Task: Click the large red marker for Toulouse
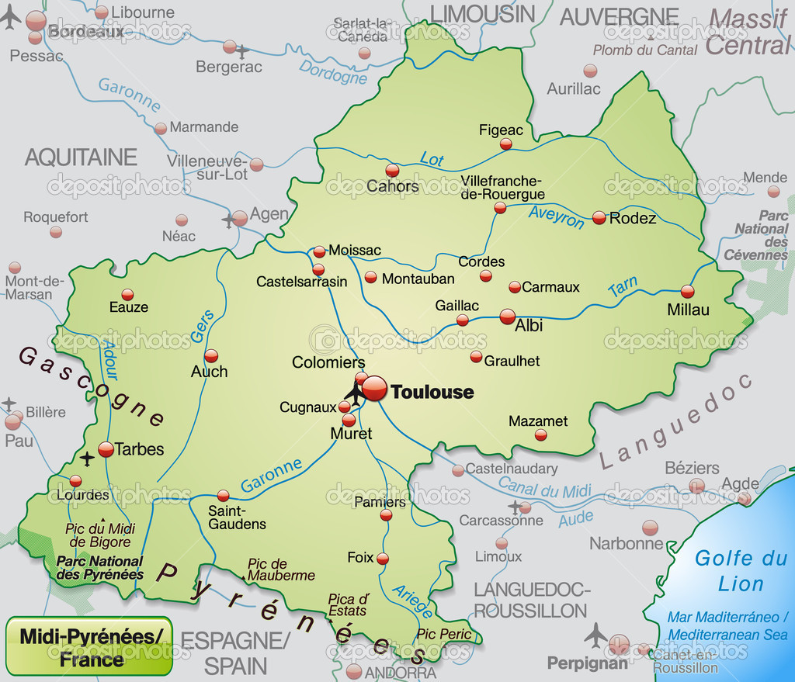[x=374, y=389]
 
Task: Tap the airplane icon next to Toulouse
[x=355, y=393]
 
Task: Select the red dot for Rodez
[x=599, y=218]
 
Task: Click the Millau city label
[x=688, y=310]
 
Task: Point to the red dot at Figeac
[x=506, y=144]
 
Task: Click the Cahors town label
[x=393, y=186]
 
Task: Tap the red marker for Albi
[x=507, y=317]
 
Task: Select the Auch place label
[x=210, y=372]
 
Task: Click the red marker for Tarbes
[x=106, y=449]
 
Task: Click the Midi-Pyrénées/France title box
[x=90, y=647]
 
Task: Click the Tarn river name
[x=623, y=288]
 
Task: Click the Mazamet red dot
[x=541, y=435]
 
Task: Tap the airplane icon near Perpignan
[x=595, y=635]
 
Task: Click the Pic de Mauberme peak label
[x=280, y=569]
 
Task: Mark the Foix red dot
[x=382, y=559]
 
